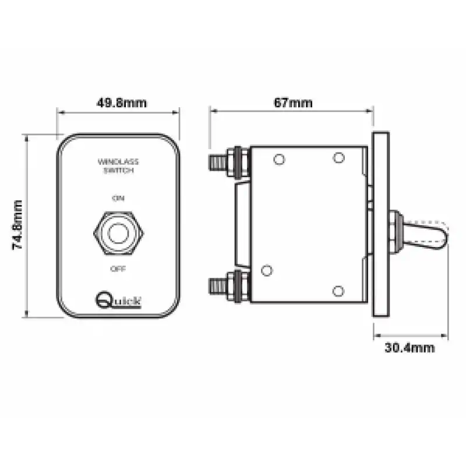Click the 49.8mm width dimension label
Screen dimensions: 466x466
pyautogui.click(x=122, y=103)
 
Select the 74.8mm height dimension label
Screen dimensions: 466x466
pyautogui.click(x=17, y=225)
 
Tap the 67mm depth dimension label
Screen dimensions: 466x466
pyautogui.click(x=293, y=103)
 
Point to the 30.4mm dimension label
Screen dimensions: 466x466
pyautogui.click(x=409, y=347)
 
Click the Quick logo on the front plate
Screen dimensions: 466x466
pyautogui.click(x=118, y=299)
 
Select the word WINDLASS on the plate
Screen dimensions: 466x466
pyautogui.click(x=118, y=162)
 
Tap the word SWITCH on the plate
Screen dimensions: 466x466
pyautogui.click(x=118, y=170)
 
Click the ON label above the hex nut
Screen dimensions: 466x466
pyautogui.click(x=118, y=198)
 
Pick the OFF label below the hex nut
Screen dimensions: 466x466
pyautogui.click(x=118, y=269)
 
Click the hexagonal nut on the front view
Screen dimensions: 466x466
pyautogui.click(x=119, y=233)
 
